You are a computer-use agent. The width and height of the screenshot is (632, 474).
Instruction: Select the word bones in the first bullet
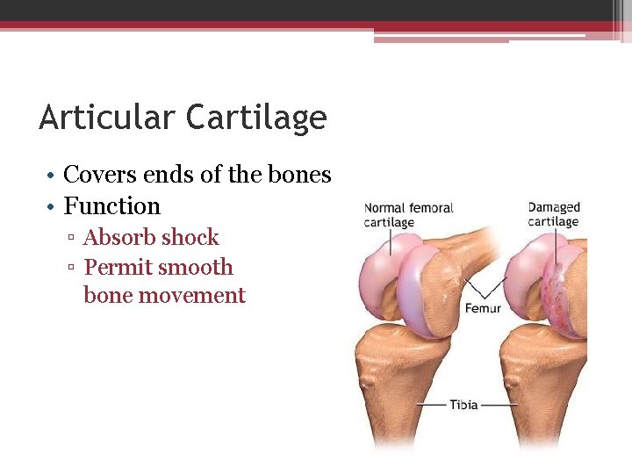coord(305,175)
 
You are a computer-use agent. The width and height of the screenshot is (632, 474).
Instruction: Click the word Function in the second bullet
coord(112,206)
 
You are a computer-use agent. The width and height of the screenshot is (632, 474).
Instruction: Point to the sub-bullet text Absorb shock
coord(151,237)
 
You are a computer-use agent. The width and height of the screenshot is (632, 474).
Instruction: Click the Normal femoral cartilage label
coord(408,215)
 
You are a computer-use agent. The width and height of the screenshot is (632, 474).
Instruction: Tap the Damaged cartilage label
coord(554,214)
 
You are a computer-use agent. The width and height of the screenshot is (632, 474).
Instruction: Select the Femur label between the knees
coord(483,309)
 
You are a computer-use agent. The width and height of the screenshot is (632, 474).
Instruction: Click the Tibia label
coord(463,405)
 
